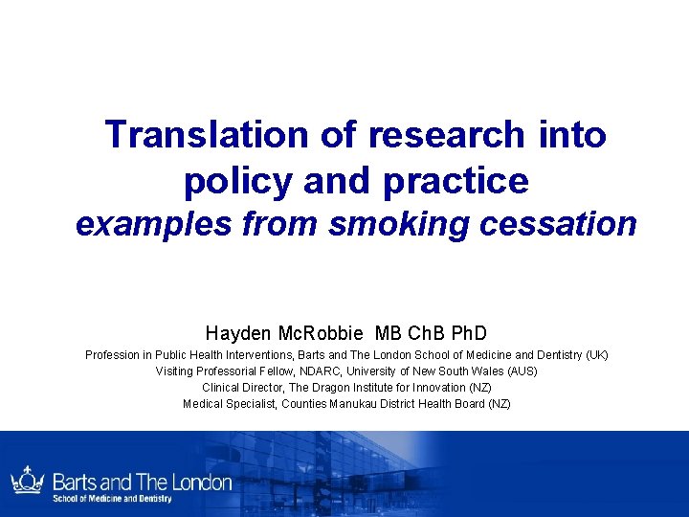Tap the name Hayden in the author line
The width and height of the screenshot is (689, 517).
tap(237, 333)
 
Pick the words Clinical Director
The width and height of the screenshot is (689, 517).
tap(240, 388)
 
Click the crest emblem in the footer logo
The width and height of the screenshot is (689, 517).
tap(27, 482)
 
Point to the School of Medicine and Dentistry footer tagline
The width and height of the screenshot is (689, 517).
tap(112, 499)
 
